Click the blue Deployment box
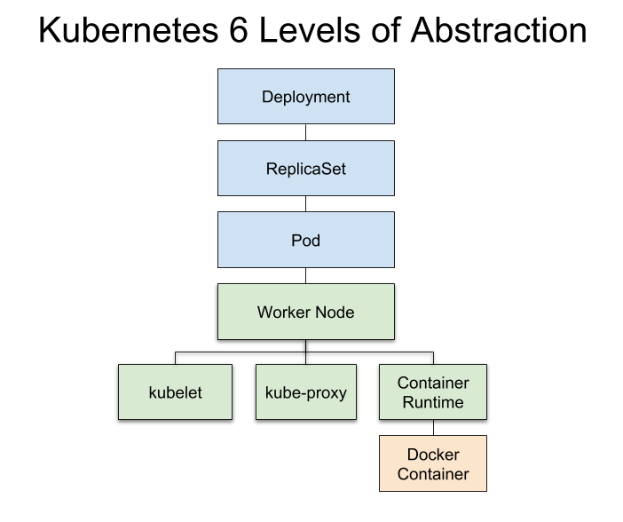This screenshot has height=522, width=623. click(306, 97)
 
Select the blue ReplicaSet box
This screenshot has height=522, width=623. click(306, 169)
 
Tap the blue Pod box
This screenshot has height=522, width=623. click(306, 241)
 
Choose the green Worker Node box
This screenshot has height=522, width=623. click(306, 312)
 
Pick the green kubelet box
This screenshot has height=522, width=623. click(175, 391)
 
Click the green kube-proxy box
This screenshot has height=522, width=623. click(306, 391)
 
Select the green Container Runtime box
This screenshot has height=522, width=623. click(433, 391)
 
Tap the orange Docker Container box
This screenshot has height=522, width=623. click(433, 463)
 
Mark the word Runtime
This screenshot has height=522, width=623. click(433, 402)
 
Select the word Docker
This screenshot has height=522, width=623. click(433, 455)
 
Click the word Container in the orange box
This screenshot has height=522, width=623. click(433, 474)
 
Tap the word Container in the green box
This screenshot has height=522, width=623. click(433, 384)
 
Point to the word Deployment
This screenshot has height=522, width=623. click(306, 98)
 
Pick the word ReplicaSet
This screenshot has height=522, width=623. click(306, 169)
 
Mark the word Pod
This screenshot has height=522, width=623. click(306, 241)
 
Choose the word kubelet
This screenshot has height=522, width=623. click(175, 392)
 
